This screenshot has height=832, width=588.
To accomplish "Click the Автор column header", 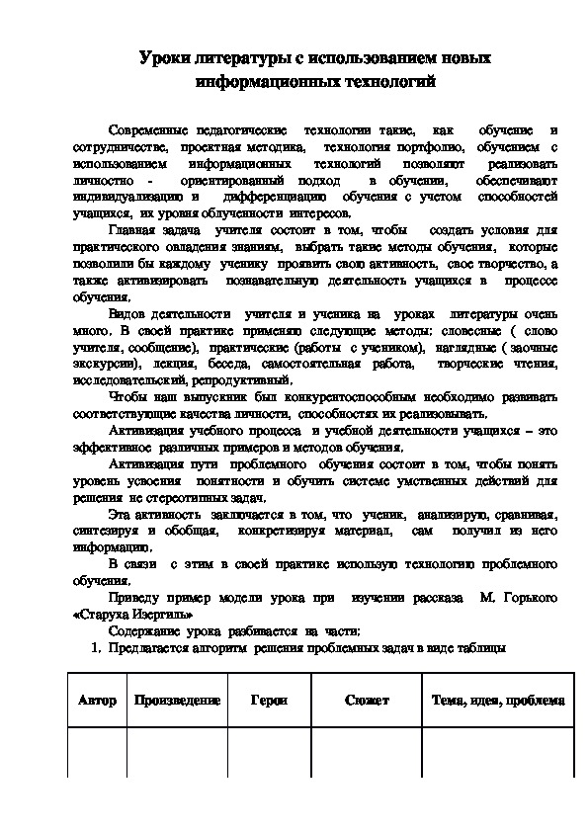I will coord(97,701).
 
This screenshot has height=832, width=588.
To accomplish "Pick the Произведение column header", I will coord(177,701).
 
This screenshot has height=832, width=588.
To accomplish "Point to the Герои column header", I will coord(269,701).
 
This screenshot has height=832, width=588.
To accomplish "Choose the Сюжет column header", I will coord(367,701).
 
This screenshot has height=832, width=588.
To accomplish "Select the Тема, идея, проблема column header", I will coord(498,701).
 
